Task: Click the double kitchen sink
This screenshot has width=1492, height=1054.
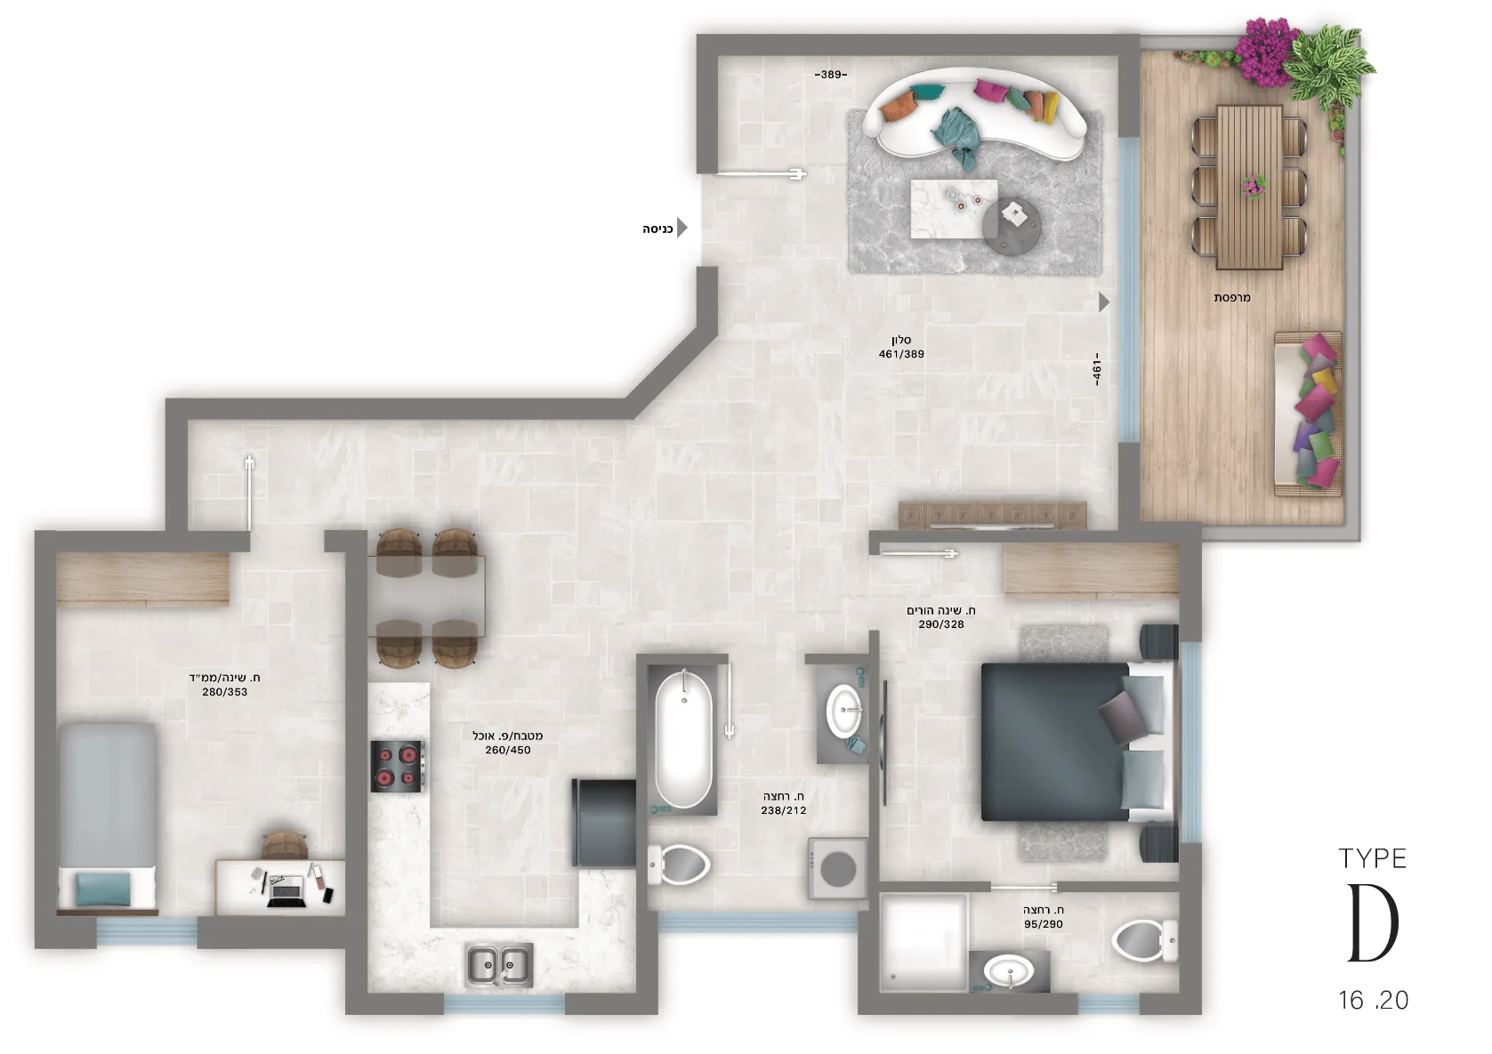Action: [x=499, y=965]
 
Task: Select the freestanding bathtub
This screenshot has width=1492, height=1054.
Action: [x=682, y=739]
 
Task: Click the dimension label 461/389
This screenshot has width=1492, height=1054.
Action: [x=901, y=354]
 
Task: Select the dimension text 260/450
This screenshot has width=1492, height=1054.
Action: [x=508, y=750]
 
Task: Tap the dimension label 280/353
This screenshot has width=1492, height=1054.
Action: [x=225, y=692]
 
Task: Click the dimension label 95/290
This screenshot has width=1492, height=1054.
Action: [x=1044, y=924]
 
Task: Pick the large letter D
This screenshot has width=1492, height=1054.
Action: [x=1374, y=923]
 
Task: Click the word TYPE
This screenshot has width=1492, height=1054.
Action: [x=1373, y=859]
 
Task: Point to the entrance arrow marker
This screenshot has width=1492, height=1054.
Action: [x=681, y=228]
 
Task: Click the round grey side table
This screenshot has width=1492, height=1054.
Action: [x=1012, y=225]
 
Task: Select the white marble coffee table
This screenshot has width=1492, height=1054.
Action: [x=954, y=208]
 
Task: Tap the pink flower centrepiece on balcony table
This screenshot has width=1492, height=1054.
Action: [x=1254, y=186]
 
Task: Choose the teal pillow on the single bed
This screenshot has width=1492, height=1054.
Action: [x=103, y=889]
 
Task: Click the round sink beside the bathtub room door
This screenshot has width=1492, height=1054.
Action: [x=844, y=711]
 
